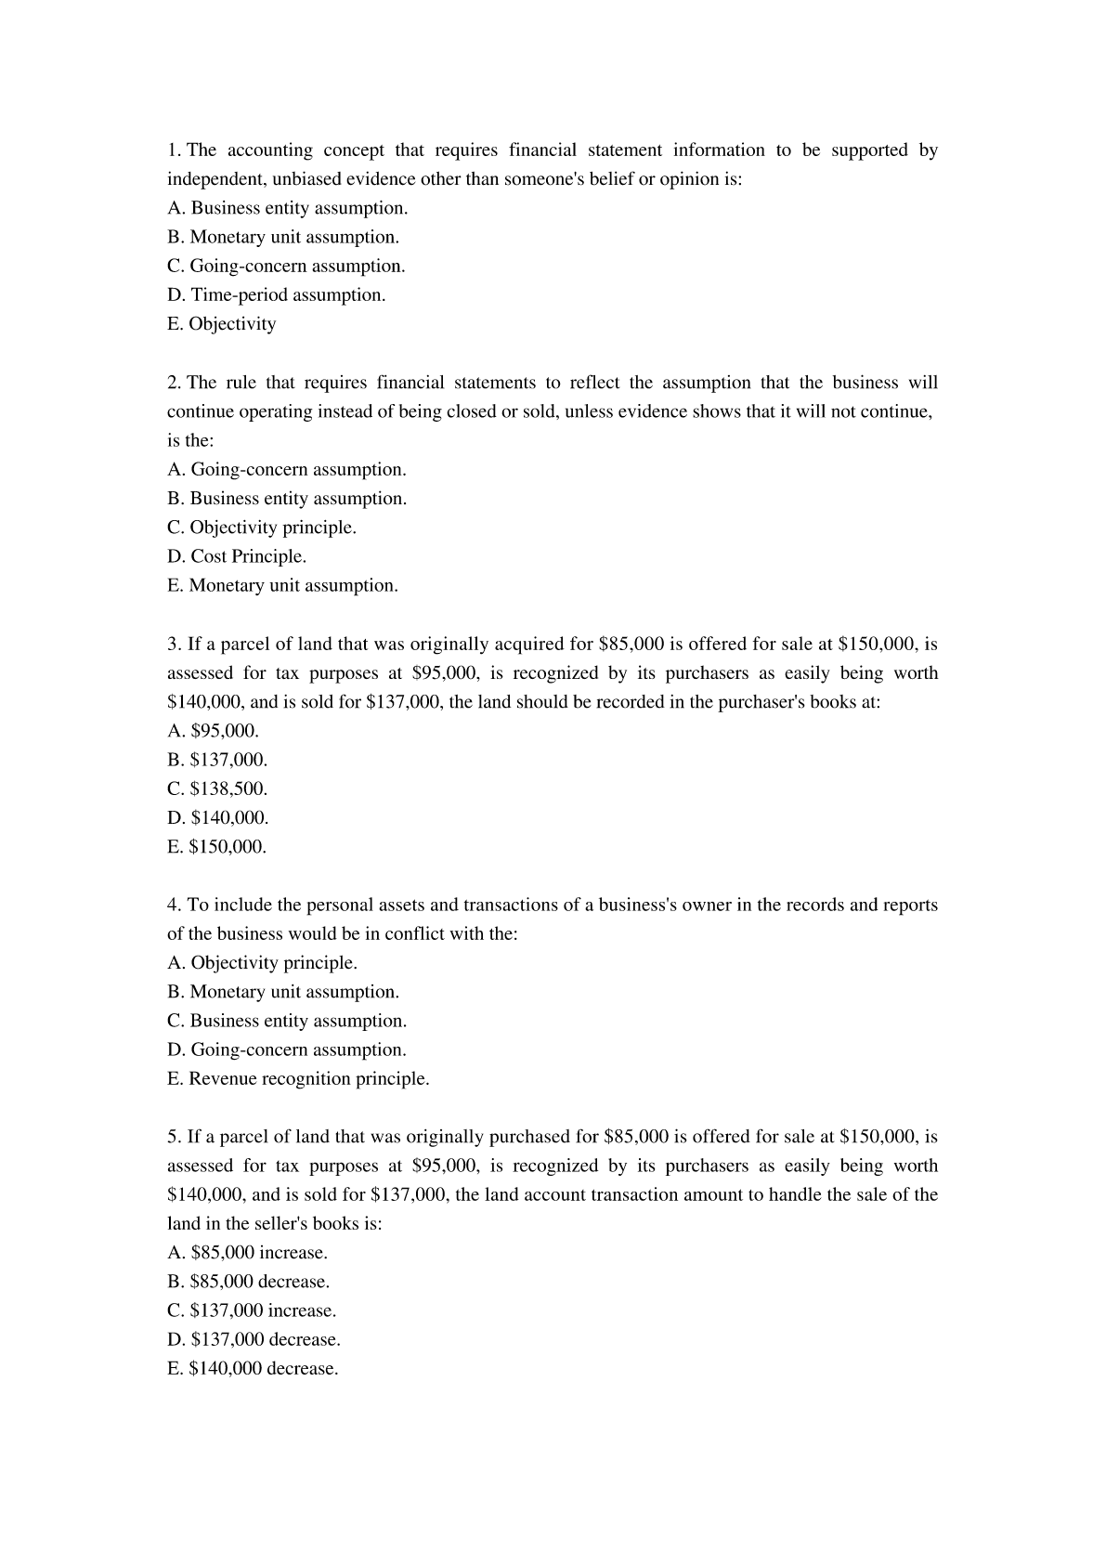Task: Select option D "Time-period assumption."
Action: [276, 295]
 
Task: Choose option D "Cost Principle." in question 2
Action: [237, 556]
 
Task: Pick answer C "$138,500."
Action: [217, 789]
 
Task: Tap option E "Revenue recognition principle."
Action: [298, 1078]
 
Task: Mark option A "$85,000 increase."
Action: [247, 1252]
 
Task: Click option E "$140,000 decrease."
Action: [253, 1368]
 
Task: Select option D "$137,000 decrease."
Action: [254, 1339]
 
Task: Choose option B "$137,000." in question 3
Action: [217, 760]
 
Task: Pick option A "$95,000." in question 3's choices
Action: [214, 730]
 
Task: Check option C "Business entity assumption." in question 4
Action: [287, 1021]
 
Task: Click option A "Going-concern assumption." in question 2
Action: [287, 469]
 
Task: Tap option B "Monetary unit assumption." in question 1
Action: [283, 237]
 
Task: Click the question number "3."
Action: [175, 644]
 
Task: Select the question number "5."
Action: [175, 1137]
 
